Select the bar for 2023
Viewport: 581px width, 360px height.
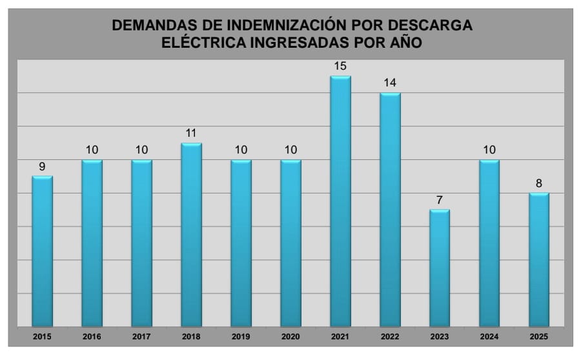[440, 268]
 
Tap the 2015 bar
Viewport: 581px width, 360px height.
[42, 251]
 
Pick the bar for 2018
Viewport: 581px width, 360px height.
[191, 235]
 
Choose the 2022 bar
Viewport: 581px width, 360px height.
[390, 210]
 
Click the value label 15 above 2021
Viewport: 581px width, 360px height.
[340, 66]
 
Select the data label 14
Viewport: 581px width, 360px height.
[390, 83]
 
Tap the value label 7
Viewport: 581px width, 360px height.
[440, 200]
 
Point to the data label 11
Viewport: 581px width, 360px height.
[191, 134]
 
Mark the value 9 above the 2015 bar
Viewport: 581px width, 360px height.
[42, 166]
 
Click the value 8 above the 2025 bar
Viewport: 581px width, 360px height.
[539, 184]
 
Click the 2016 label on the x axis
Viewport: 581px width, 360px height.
[92, 337]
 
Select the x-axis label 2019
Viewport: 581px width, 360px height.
[241, 337]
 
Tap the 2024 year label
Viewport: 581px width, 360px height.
[489, 337]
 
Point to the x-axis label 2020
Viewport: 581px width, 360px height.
[290, 337]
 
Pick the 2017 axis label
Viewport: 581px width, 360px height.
[141, 337]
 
